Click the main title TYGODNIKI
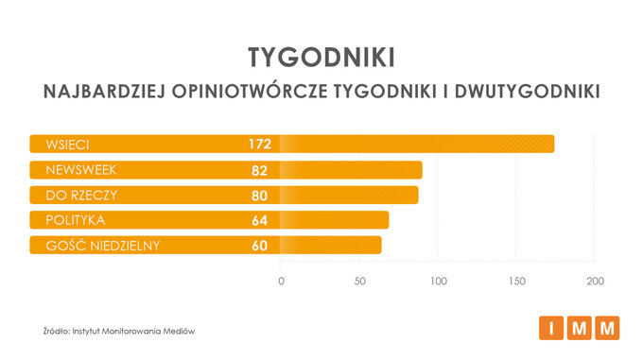(x=321, y=56)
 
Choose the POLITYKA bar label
(x=68, y=220)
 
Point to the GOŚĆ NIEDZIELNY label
(x=96, y=246)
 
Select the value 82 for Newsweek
(x=260, y=170)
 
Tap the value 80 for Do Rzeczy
(x=260, y=196)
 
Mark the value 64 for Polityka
(x=260, y=220)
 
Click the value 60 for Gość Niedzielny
(x=260, y=246)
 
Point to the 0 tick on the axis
(x=281, y=282)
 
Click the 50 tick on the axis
(x=360, y=282)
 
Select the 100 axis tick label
(x=438, y=282)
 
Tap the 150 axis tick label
(x=516, y=282)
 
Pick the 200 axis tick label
(x=595, y=282)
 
